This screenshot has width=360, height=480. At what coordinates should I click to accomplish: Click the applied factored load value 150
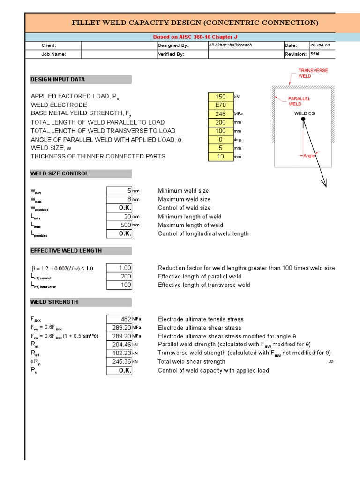point(220,97)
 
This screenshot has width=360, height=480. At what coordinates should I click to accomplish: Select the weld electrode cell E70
point(220,105)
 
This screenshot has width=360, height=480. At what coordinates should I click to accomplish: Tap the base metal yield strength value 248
point(220,114)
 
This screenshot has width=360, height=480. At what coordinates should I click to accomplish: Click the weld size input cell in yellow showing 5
point(220,148)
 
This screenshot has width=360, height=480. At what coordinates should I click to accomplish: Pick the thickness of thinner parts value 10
point(220,157)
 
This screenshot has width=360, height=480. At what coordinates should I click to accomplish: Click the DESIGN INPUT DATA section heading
point(58,80)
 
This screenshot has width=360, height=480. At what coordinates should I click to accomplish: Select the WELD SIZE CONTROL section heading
point(60,173)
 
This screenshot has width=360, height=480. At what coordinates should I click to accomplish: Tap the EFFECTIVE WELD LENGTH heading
point(66,251)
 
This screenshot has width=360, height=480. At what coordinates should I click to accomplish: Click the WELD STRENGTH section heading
point(54,302)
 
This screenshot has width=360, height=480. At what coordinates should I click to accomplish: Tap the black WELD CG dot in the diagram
point(303,120)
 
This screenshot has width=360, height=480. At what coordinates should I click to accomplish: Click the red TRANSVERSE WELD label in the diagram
point(313,73)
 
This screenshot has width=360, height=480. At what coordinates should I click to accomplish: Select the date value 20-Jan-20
point(320,45)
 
